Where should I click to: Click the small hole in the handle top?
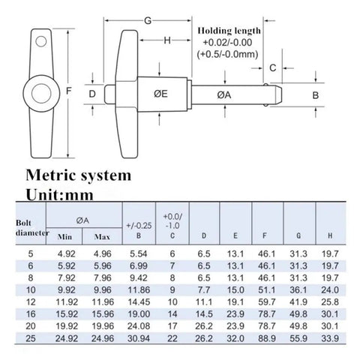[41, 41]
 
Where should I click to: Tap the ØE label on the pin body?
[160, 94]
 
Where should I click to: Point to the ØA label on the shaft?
[224, 95]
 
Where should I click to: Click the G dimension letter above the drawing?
[148, 21]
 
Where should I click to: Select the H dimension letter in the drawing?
[167, 40]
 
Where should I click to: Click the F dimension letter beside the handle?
[68, 91]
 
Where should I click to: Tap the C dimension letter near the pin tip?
[273, 67]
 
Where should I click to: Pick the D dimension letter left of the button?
[92, 94]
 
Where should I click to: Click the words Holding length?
[229, 31]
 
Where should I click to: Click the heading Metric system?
[79, 175]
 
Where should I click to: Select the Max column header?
[102, 236]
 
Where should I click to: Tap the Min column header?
[64, 236]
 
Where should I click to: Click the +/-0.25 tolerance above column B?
[139, 226]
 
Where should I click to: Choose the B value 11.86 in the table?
[139, 290]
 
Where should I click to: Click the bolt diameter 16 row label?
[31, 314]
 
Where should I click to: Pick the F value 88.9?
[267, 338]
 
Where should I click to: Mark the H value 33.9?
[330, 338]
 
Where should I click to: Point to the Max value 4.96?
[102, 254]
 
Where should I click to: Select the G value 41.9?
[298, 302]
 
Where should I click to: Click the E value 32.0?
[235, 338]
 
